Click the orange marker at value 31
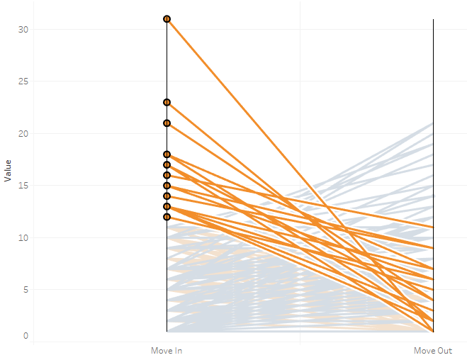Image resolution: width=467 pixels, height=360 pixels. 167,19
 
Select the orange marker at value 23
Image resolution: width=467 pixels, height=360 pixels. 167,102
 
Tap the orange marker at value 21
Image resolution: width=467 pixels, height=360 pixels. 167,123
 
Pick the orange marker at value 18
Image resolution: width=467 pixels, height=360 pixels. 167,154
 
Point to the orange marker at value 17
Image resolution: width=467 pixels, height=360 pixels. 167,164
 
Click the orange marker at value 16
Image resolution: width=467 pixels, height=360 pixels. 167,175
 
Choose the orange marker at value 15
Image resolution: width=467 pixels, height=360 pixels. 167,186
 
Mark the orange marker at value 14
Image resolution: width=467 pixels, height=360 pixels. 167,196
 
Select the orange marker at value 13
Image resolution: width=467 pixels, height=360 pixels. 167,206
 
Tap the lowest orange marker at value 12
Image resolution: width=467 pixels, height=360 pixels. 167,217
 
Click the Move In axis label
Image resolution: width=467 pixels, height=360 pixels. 167,351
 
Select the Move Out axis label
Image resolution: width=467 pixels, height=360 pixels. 432,351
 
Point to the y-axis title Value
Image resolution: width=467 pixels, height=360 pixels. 8,170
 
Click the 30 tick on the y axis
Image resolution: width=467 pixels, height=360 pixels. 23,29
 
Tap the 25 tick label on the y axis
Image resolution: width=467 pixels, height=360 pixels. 23,81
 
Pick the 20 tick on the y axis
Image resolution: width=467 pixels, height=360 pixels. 23,133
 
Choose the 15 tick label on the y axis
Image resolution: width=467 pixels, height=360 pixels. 23,186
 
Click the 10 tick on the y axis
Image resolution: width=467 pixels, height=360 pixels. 23,237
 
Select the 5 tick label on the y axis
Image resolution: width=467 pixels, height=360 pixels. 25,290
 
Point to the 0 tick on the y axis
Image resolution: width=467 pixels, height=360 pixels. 25,335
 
